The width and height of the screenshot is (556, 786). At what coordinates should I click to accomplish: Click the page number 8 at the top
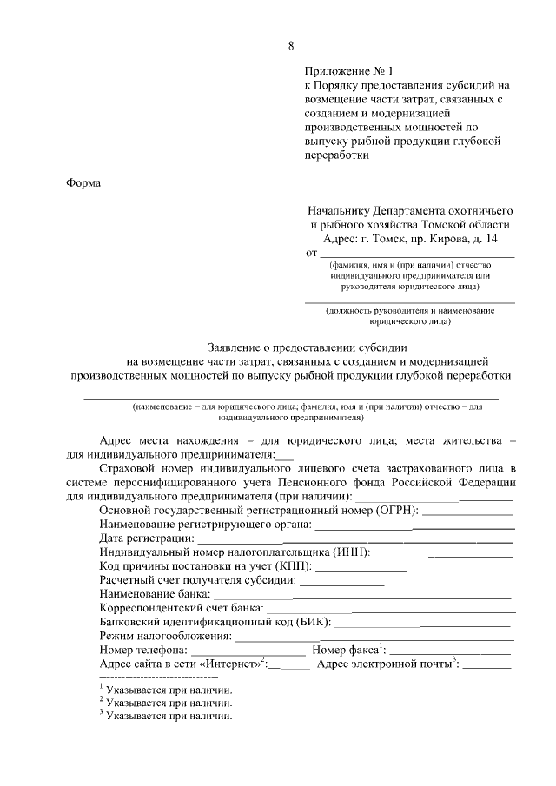click(x=291, y=45)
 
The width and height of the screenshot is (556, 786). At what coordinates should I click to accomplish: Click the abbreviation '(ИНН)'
click(x=349, y=552)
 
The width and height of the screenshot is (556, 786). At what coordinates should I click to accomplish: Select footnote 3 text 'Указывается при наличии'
click(x=169, y=717)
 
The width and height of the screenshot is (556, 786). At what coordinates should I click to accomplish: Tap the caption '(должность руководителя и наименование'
click(x=409, y=310)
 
